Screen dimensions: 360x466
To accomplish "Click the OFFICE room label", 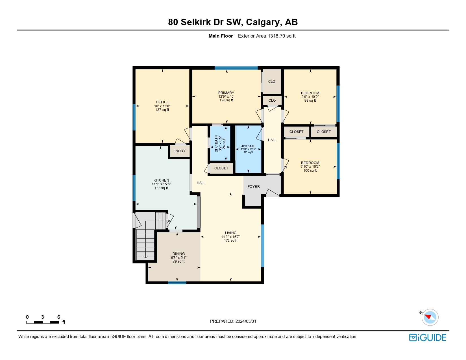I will click(162, 102).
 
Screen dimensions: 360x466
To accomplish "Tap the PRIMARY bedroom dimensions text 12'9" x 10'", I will click(226, 97).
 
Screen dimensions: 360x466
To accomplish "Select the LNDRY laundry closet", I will click(179, 151).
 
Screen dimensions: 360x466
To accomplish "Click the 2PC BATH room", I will click(220, 143).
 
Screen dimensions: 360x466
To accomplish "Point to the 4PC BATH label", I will click(248, 146).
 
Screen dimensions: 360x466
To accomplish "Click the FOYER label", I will click(254, 187).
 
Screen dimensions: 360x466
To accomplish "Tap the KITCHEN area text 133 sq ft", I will click(161, 188).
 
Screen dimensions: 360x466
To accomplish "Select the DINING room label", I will click(178, 254).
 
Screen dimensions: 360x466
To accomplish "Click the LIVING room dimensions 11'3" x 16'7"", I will click(230, 237).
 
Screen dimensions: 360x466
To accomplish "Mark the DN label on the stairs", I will click(169, 221).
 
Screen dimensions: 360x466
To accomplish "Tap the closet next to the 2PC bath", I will click(221, 168).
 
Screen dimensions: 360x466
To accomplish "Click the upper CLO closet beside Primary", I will click(272, 82).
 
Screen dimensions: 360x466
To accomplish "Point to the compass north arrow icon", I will click(430, 317).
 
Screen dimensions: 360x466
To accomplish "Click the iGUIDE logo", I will click(428, 338).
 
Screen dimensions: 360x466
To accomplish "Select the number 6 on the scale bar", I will click(59, 317).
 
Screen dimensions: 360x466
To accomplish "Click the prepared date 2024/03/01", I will click(246, 321).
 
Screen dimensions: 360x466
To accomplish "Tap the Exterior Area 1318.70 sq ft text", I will click(267, 36).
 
